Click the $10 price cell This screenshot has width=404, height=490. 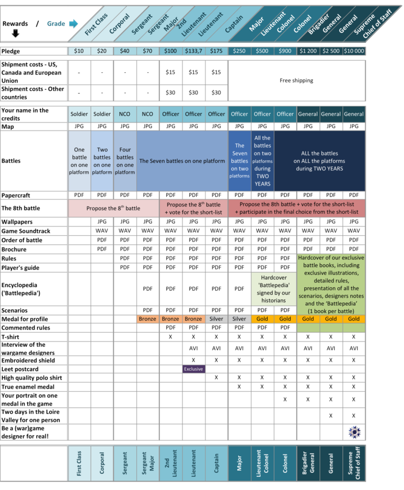click(x=79, y=51)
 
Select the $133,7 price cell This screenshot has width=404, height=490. click(x=193, y=51)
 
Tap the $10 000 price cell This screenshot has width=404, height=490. click(x=354, y=51)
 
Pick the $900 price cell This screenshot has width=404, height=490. click(x=285, y=51)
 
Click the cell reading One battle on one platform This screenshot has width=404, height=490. click(x=79, y=161)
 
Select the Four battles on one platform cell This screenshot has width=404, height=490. click(x=125, y=161)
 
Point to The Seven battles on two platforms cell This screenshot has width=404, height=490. click(x=240, y=161)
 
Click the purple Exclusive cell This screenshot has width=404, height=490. click(x=193, y=369)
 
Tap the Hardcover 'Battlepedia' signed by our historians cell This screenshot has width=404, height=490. click(x=274, y=289)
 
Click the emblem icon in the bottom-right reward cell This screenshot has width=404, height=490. click(x=353, y=432)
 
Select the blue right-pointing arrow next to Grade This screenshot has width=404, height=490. click(x=73, y=24)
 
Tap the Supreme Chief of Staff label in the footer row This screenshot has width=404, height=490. click(x=354, y=463)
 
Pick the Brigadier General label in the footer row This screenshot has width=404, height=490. click(x=308, y=463)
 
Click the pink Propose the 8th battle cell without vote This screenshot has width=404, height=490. click(x=113, y=208)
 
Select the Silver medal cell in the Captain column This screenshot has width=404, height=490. click(x=216, y=319)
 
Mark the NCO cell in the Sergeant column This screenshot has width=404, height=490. click(x=125, y=114)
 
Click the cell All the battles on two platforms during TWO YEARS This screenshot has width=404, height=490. click(x=262, y=161)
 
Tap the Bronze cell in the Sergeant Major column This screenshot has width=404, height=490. click(x=148, y=319)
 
